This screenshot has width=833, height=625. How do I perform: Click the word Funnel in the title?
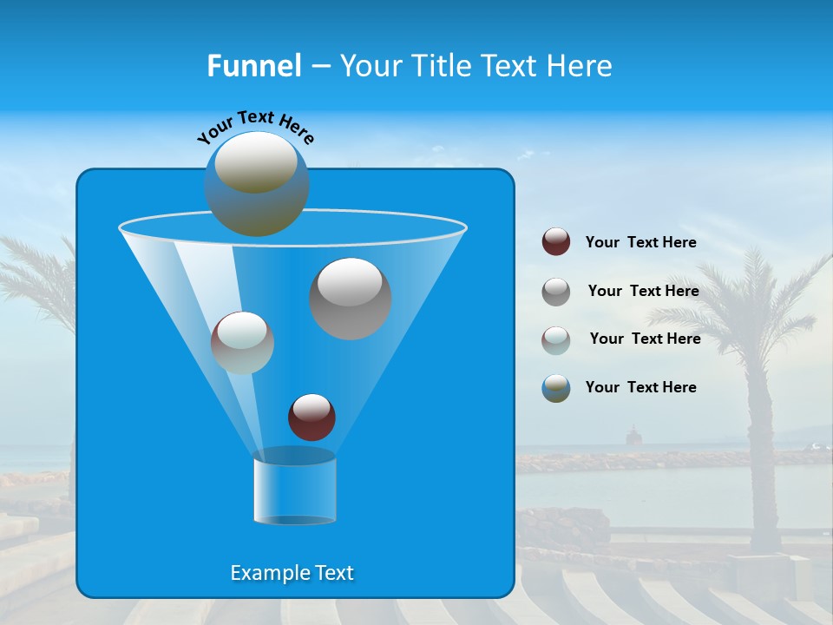tap(253, 66)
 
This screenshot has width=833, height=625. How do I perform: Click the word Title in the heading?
tap(442, 66)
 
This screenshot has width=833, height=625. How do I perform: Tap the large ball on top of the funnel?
tap(256, 183)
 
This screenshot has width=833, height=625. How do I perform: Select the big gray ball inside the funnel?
tap(350, 298)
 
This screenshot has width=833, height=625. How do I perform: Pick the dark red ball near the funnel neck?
tap(312, 417)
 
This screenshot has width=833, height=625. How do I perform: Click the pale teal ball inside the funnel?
tap(242, 343)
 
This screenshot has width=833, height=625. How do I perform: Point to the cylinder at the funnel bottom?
tap(294, 490)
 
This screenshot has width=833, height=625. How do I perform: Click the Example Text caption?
tap(292, 573)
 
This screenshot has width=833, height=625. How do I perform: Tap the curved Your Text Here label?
tap(255, 127)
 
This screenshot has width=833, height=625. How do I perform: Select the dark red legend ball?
tap(556, 242)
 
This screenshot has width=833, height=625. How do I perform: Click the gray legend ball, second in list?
tap(556, 292)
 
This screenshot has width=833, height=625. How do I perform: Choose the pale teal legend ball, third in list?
tap(556, 340)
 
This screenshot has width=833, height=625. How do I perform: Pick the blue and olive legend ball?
tap(556, 388)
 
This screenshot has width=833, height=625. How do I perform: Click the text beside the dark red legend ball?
tap(640, 243)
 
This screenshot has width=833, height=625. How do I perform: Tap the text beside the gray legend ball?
tap(643, 292)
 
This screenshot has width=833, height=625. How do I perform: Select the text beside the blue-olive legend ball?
tap(640, 388)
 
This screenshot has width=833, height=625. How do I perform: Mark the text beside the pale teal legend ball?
tap(645, 339)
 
